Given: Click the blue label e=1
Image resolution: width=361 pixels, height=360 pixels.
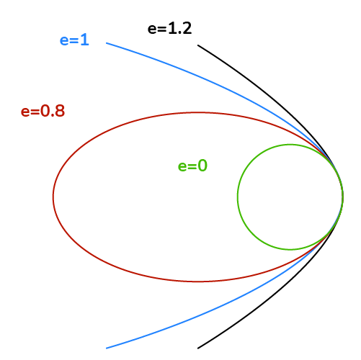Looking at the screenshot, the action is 74,40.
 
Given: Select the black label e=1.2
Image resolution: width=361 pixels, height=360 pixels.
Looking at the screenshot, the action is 169,28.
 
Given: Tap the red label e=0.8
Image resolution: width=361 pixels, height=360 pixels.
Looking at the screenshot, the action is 43,111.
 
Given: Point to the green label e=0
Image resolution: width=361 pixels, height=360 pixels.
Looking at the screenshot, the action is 192,166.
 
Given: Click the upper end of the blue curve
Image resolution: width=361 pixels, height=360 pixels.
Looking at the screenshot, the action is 107,43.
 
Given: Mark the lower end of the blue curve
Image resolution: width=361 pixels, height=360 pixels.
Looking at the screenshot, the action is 107,348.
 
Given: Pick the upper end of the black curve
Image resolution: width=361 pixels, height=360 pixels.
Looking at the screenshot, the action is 198,45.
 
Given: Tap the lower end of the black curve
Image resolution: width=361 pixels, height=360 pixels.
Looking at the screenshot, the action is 198,348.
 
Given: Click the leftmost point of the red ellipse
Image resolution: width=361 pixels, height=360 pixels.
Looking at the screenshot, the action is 53,197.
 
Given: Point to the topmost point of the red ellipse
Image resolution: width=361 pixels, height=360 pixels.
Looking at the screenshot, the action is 197,112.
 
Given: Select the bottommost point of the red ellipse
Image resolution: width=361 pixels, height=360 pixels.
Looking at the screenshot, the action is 197,282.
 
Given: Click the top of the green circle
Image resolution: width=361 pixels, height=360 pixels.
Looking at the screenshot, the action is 290,145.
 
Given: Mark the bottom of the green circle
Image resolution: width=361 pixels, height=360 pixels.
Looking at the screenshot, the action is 290,250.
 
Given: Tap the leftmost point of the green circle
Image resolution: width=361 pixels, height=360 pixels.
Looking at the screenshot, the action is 238,197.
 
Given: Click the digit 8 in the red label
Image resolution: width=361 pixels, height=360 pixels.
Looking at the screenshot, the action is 60,111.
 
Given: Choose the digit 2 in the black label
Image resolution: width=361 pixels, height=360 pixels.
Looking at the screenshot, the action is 187,28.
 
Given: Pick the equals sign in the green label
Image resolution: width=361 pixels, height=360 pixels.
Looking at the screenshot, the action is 192,166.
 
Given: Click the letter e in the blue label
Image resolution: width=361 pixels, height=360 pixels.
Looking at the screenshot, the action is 64,41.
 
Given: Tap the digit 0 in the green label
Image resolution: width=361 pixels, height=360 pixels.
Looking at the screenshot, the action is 202,166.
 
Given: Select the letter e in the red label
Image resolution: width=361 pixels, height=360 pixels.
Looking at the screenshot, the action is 25,112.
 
